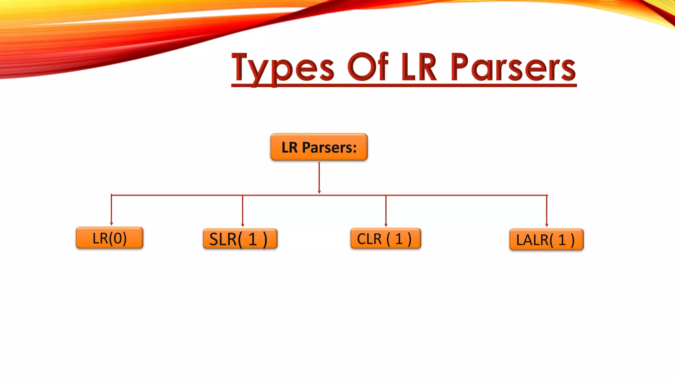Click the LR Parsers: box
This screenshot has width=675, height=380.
(x=319, y=147)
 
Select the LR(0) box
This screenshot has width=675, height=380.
(x=109, y=238)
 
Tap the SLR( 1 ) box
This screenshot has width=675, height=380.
(x=240, y=239)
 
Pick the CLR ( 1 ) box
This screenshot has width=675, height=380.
(x=386, y=238)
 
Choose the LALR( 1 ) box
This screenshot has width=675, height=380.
(x=546, y=240)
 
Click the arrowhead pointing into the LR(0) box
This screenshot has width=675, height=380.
(x=111, y=224)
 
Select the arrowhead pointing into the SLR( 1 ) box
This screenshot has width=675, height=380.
(x=243, y=225)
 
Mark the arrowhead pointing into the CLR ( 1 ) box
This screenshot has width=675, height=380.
(x=386, y=225)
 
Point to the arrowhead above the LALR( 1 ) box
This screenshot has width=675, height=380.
(x=547, y=225)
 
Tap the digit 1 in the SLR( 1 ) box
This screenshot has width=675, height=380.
(x=252, y=239)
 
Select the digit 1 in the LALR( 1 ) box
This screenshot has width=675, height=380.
(x=562, y=240)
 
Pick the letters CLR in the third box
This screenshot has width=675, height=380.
(x=369, y=239)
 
